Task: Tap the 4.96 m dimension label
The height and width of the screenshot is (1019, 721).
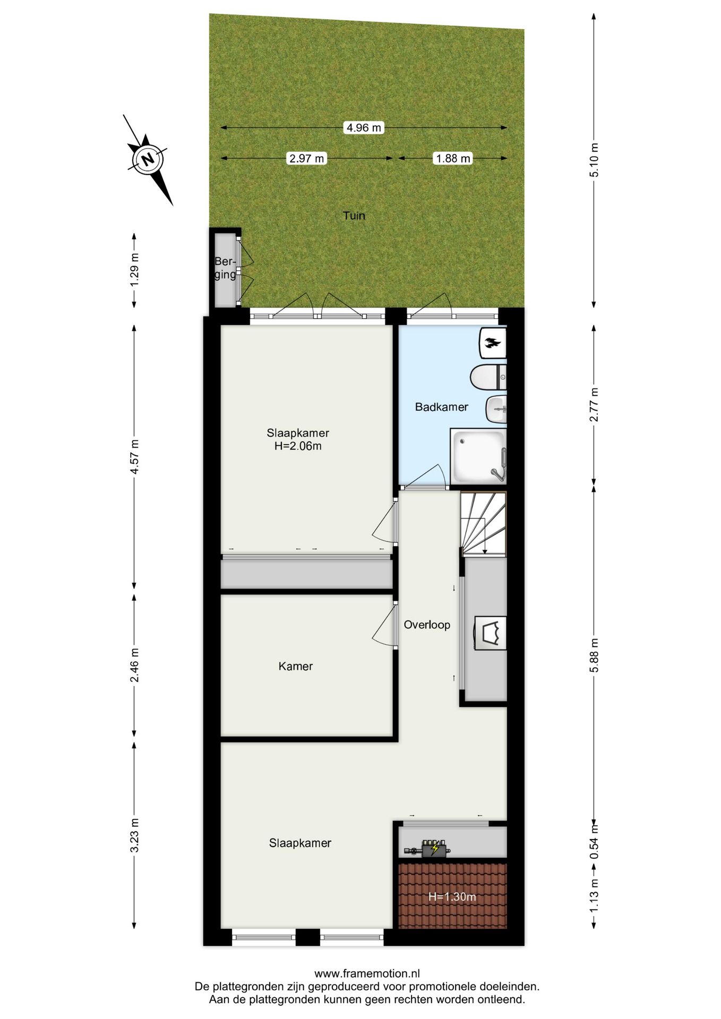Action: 364,128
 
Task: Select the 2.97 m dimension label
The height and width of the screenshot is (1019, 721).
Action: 306,158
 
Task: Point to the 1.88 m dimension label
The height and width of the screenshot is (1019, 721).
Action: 453,158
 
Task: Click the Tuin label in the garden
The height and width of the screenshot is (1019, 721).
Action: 354,215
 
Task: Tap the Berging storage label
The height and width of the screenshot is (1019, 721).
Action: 225,268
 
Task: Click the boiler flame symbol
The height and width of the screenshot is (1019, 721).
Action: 493,343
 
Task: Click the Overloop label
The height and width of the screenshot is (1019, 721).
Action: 427,625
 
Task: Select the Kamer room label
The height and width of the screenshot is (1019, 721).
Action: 296,666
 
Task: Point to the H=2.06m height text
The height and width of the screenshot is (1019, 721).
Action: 298,446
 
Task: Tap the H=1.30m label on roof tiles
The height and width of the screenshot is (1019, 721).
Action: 452,897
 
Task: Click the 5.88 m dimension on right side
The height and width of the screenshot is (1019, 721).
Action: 594,655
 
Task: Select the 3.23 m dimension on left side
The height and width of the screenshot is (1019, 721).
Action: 135,834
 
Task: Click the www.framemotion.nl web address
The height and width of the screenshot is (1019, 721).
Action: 367,973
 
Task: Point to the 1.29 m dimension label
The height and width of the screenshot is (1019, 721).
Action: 135,270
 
